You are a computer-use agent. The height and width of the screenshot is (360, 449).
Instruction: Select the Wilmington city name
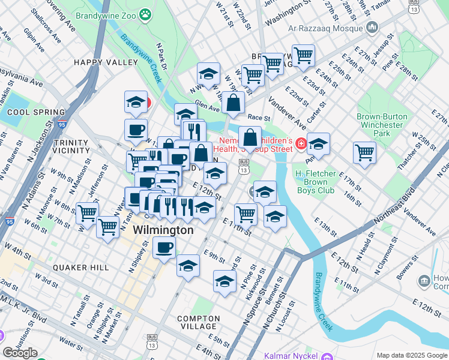(163, 230)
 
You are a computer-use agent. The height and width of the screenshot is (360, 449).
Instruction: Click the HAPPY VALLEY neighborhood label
(97, 62)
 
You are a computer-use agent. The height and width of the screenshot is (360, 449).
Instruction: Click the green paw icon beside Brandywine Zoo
(145, 13)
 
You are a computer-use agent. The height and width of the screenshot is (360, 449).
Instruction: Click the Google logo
(20, 353)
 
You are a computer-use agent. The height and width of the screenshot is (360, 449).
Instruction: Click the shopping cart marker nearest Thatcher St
(364, 152)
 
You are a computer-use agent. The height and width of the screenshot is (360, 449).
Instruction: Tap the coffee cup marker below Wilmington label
(164, 247)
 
